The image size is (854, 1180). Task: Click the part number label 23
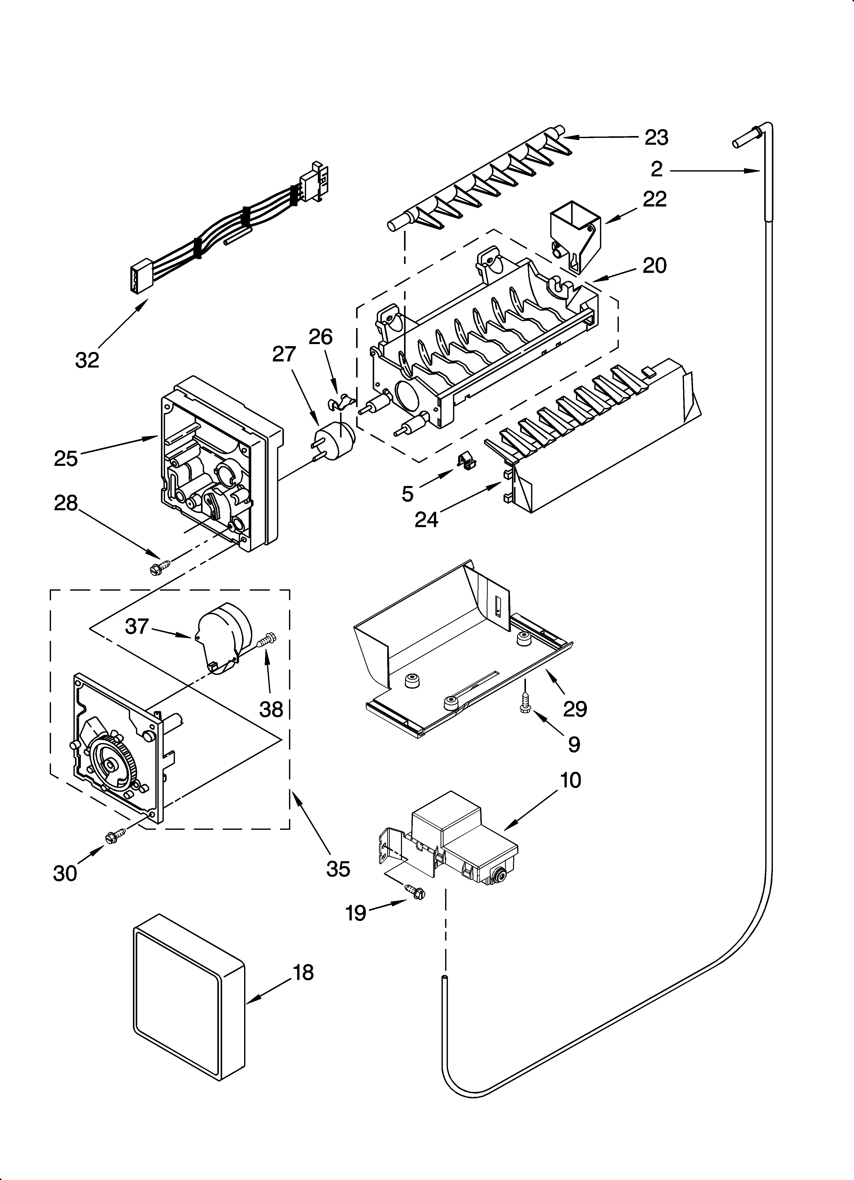[x=656, y=137]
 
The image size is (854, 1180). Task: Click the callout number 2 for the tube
[x=657, y=169]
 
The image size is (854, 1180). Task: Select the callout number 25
[x=66, y=458]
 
